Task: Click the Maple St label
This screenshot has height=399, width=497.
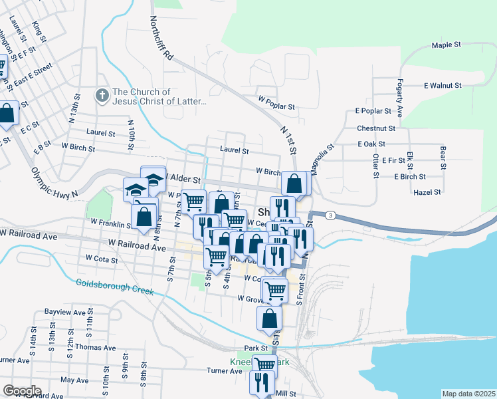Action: coord(446,45)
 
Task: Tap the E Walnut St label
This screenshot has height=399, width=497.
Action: coord(443,86)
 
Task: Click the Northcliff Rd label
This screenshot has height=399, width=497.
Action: coord(161,40)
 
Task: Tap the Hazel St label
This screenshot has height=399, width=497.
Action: coord(427,192)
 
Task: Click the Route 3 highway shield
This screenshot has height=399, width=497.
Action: coord(330,215)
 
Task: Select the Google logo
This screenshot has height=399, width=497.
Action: coord(22,391)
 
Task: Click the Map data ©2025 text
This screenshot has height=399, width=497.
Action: coord(468,394)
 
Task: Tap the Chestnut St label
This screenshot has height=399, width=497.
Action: coord(375,128)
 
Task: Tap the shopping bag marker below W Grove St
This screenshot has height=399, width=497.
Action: coord(269,317)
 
